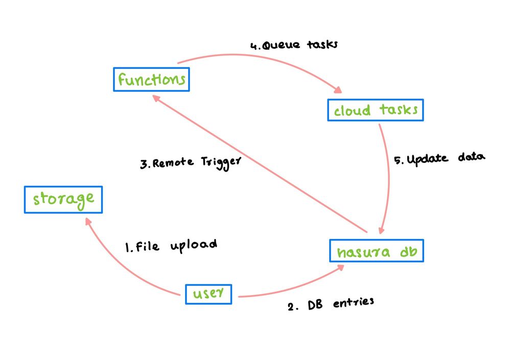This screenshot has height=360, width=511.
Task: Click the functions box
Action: click(x=151, y=80)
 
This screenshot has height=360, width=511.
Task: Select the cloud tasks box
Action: click(x=376, y=109)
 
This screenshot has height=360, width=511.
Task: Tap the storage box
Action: click(x=63, y=199)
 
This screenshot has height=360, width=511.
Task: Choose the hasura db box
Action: click(x=377, y=252)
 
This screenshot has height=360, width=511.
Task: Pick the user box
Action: click(x=208, y=294)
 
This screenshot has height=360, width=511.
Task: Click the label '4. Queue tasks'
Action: click(x=294, y=45)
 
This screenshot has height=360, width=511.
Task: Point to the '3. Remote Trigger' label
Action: click(x=190, y=162)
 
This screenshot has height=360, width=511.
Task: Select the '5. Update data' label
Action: click(x=439, y=159)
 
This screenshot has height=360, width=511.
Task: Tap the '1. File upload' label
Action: click(x=171, y=246)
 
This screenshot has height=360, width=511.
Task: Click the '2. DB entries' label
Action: click(x=330, y=304)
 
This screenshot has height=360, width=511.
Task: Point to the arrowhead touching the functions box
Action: click(x=155, y=99)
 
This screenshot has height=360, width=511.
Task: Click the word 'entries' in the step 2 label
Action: click(x=353, y=303)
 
